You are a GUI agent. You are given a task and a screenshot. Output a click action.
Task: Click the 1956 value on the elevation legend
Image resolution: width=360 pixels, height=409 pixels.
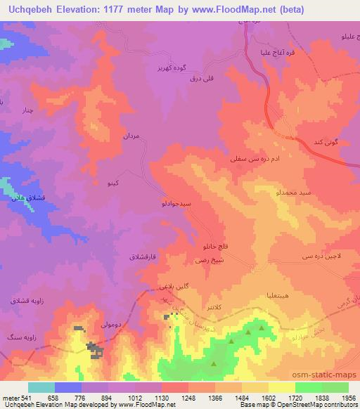(x=348, y=398)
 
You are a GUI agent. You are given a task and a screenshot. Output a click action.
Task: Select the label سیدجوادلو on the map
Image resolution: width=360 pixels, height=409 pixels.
(x=172, y=204)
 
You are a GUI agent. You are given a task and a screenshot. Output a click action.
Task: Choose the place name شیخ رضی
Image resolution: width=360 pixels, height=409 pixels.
(x=210, y=260)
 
